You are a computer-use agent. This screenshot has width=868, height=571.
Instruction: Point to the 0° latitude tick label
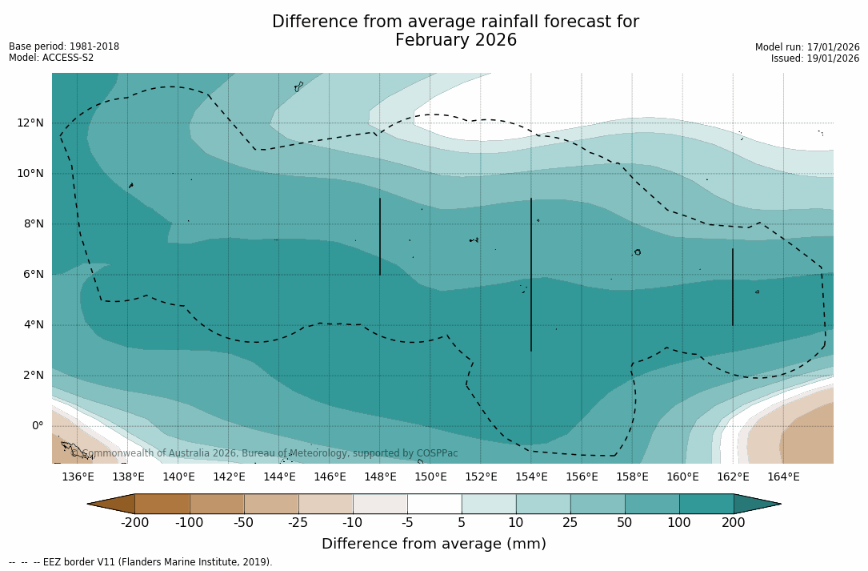point(37,425)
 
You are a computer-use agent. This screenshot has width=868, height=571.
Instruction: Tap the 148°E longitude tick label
point(380,477)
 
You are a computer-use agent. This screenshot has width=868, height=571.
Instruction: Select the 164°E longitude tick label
point(783,477)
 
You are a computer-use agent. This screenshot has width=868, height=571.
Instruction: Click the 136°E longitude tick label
point(78,477)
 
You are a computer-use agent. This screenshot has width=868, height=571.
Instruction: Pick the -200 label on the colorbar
point(135,523)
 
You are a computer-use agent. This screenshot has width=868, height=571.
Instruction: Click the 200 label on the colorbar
point(734,523)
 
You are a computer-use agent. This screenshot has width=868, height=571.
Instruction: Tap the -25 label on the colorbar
point(298,523)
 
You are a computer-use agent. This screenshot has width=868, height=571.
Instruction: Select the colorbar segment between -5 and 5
point(434,504)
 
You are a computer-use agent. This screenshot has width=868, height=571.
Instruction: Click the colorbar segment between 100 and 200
point(706,504)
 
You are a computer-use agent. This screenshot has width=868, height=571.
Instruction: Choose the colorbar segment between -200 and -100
point(162,504)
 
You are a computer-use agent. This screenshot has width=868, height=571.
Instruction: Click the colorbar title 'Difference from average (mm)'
point(434,544)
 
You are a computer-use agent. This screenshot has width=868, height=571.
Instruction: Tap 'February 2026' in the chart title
point(456,40)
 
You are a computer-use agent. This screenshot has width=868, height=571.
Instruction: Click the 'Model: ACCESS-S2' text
point(51,58)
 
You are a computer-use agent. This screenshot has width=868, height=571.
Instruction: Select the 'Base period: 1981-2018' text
point(64,46)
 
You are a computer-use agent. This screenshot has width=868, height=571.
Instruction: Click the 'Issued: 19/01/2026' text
point(815,58)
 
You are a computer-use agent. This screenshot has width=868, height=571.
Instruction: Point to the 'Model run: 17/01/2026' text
point(807,47)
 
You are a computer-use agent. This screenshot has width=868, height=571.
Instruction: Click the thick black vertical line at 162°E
point(733,287)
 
